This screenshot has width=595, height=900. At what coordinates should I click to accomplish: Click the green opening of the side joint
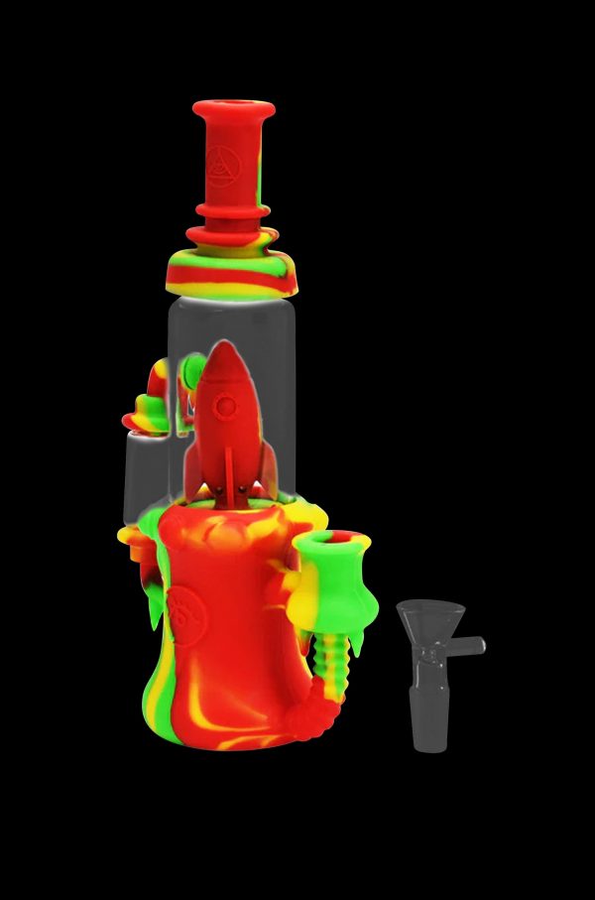[338, 545]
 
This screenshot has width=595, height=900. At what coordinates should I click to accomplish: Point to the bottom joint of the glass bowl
[429, 730]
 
